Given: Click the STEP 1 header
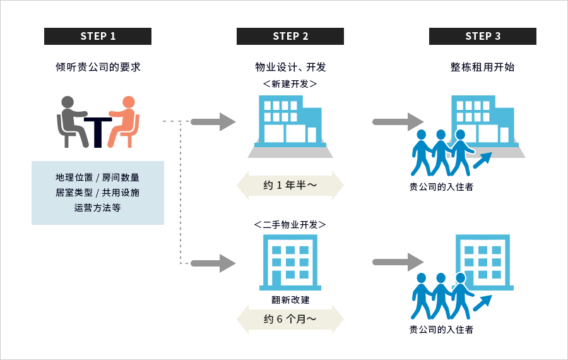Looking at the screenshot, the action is coord(98,36).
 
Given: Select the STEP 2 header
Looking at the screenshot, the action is coord(290,36).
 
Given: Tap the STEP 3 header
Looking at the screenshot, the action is coord(483,36).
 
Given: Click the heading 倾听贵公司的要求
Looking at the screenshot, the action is coord(98,67).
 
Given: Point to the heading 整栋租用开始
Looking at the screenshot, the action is coord(483,67).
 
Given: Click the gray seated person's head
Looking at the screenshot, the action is coord(68,102).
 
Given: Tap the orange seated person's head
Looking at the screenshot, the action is coord(129,102).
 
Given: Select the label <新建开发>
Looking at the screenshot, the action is coord(290,84).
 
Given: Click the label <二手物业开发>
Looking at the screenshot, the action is coord(290,225).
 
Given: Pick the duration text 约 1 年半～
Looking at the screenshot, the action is coord(290,185).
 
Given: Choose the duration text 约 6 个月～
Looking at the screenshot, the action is coord(290,319).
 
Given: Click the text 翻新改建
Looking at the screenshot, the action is coord(290,300).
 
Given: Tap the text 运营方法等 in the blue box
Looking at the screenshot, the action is coord(97,208).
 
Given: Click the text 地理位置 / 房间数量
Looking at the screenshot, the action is coord(97,177).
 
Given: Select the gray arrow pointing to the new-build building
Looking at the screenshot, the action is coord(213,122).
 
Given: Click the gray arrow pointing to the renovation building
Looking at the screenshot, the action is coord(213,263).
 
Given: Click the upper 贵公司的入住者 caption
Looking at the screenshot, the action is coord(441,187).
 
